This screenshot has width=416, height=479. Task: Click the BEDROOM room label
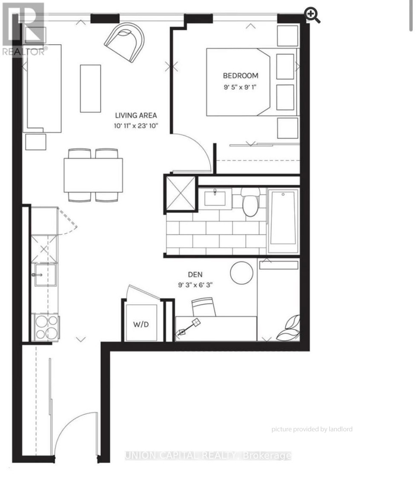click(241, 75)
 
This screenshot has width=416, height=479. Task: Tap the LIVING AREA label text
click(136, 115)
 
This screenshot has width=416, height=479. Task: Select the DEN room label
click(195, 275)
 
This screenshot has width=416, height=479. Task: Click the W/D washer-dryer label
click(141, 324)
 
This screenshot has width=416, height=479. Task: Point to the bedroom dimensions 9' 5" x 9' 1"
click(240, 87)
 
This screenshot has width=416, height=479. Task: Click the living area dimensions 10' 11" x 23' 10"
click(136, 126)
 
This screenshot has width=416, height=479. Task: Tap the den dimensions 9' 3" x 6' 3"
click(195, 285)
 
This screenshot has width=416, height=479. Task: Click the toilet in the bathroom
click(250, 202)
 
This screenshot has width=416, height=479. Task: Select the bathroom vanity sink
click(215, 198)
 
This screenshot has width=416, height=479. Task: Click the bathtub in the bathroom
click(283, 221)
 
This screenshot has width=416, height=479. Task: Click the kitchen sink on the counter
click(45, 275)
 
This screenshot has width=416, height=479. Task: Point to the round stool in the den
click(241, 273)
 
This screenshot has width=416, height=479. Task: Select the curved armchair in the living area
click(125, 41)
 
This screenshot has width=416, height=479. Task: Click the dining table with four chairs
click(93, 175)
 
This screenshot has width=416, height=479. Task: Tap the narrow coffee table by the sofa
click(90, 88)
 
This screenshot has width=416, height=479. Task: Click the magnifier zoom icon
click(312, 15)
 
